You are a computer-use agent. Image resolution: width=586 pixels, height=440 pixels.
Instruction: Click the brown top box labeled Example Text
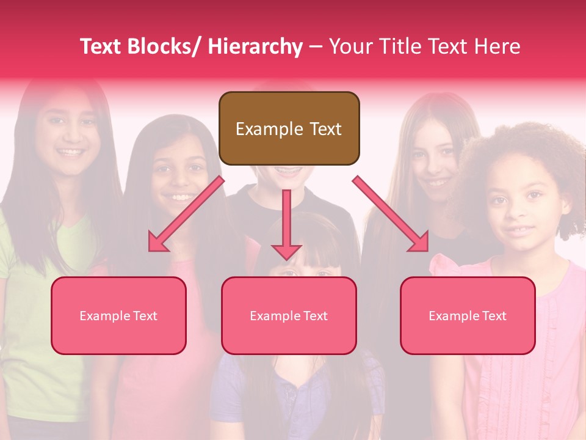(289, 128)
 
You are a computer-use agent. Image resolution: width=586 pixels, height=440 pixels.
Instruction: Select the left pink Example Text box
(118, 315)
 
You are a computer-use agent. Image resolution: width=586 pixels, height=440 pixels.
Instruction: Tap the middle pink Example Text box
(289, 315)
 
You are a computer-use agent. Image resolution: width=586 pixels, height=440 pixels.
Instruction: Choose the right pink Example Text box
(468, 315)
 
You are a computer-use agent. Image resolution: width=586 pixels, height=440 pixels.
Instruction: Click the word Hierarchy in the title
(255, 46)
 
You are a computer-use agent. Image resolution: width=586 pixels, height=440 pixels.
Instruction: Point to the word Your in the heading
(350, 46)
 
